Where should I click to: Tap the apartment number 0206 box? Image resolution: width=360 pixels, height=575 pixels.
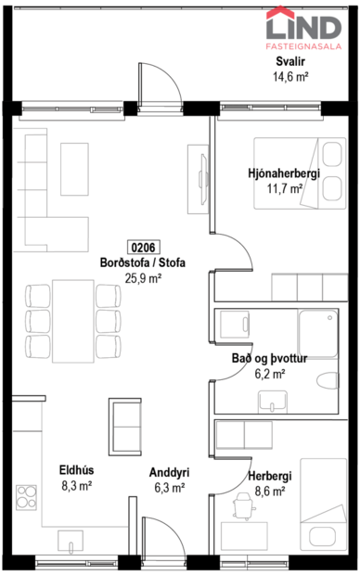click(143, 248)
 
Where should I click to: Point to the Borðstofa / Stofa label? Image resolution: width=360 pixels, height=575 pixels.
click(143, 262)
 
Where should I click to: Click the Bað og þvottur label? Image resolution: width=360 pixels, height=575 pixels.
click(270, 358)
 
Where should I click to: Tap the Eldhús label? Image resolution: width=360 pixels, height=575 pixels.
click(77, 469)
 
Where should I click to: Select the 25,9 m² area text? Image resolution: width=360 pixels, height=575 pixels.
click(143, 277)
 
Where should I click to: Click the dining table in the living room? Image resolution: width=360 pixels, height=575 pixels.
click(73, 321)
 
